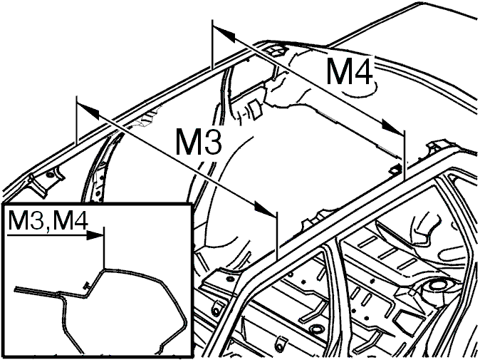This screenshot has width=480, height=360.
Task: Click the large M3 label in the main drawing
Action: pyautogui.click(x=199, y=141)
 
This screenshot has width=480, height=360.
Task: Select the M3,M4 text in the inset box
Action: pyautogui.click(x=48, y=220)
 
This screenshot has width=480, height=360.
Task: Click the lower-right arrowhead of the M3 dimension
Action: pyautogui.click(x=265, y=209)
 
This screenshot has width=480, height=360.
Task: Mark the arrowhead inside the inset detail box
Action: pyautogui.click(x=95, y=235)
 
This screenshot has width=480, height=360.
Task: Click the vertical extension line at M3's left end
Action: pyautogui.click(x=76, y=120)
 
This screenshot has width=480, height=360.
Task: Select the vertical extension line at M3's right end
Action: pyautogui.click(x=277, y=235)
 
